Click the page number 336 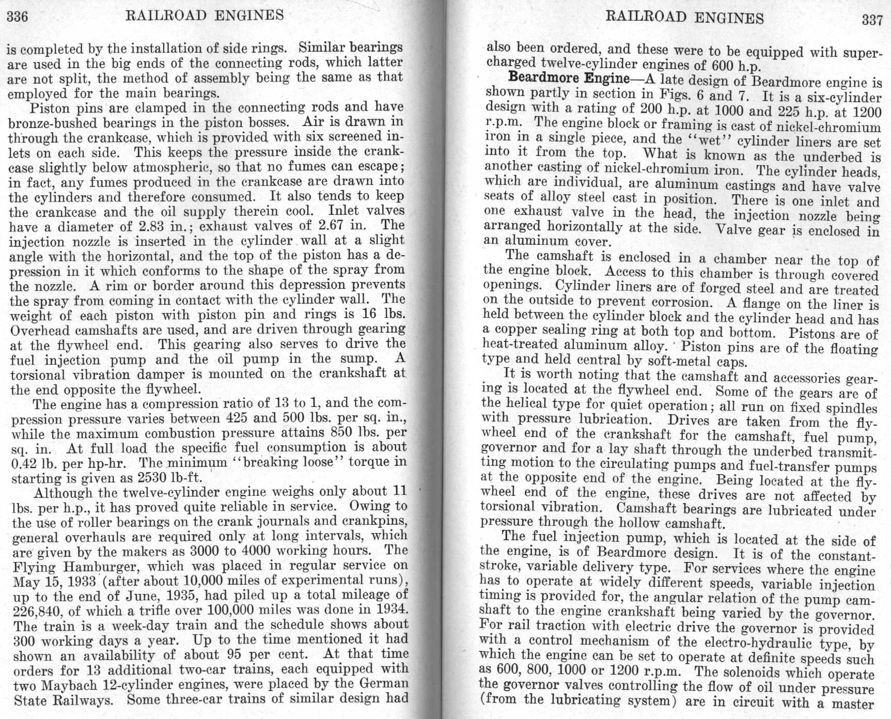click(x=17, y=17)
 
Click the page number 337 click(x=872, y=20)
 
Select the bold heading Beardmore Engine click(x=568, y=79)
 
